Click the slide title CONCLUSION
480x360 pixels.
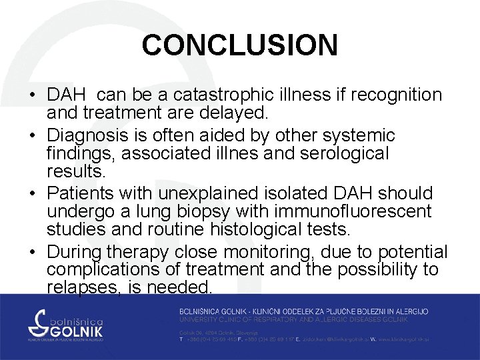click(239, 45)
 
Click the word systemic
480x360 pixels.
click(359, 135)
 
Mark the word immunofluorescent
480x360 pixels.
click(352, 212)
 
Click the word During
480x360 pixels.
click(75, 251)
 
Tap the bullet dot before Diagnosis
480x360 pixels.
click(33, 136)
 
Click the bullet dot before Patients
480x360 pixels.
click(33, 194)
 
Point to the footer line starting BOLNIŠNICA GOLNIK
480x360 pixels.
click(303, 311)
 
